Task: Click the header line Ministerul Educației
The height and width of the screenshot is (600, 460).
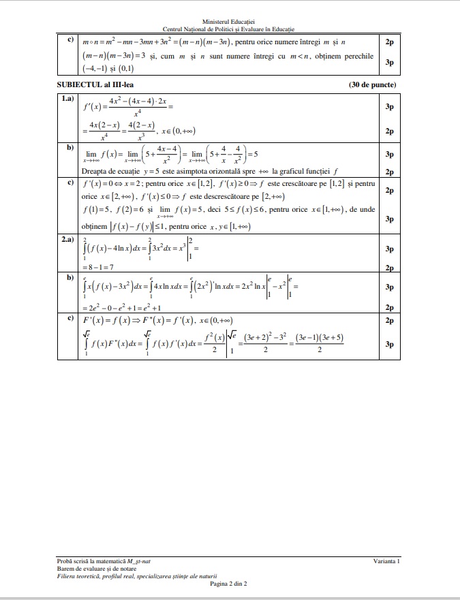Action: pyautogui.click(x=229, y=22)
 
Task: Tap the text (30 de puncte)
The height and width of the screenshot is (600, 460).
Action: pyautogui.click(x=371, y=85)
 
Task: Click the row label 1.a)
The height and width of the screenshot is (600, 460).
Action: pyautogui.click(x=67, y=99)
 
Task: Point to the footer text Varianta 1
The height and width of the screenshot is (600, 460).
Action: pyautogui.click(x=386, y=560)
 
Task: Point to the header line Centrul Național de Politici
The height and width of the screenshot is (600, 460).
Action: pyautogui.click(x=229, y=29)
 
